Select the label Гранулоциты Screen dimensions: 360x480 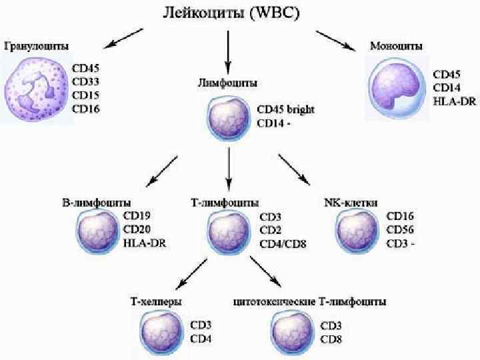click(x=37, y=47)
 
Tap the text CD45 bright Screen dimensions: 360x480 click(x=286, y=109)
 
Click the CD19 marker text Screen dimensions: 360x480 click(x=137, y=216)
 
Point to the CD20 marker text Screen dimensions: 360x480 click(x=137, y=229)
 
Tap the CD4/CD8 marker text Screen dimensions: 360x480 click(x=283, y=243)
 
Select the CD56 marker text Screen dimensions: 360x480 click(x=401, y=229)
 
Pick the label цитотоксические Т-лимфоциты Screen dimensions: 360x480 click(x=309, y=301)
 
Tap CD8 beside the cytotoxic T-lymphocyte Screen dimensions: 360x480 click(x=332, y=339)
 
